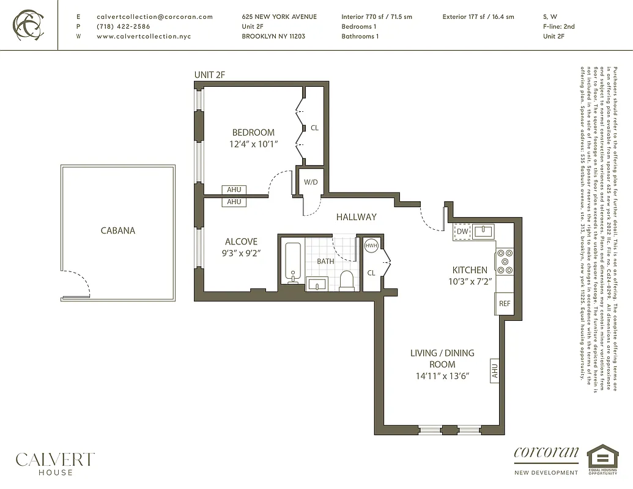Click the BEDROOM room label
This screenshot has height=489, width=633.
pos(253,133)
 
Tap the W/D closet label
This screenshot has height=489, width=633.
pos(311,182)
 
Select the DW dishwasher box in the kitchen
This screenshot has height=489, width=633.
pos(462,232)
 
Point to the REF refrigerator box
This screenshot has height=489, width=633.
pos(505,304)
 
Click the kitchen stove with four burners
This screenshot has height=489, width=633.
pos(504,261)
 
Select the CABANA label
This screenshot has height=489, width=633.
pos(118,231)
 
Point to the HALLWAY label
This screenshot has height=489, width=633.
pos(356,217)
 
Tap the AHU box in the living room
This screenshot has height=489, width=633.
pos(495,371)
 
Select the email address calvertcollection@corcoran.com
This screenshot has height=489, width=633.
pos(155,17)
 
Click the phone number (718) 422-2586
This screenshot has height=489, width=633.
pos(124,27)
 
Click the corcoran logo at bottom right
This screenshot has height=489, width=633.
pos(546,454)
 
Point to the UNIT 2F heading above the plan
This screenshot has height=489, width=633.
pos(210,75)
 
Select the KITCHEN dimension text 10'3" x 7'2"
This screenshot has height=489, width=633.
pos(470,281)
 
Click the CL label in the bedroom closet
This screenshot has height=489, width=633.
pos(314,128)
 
